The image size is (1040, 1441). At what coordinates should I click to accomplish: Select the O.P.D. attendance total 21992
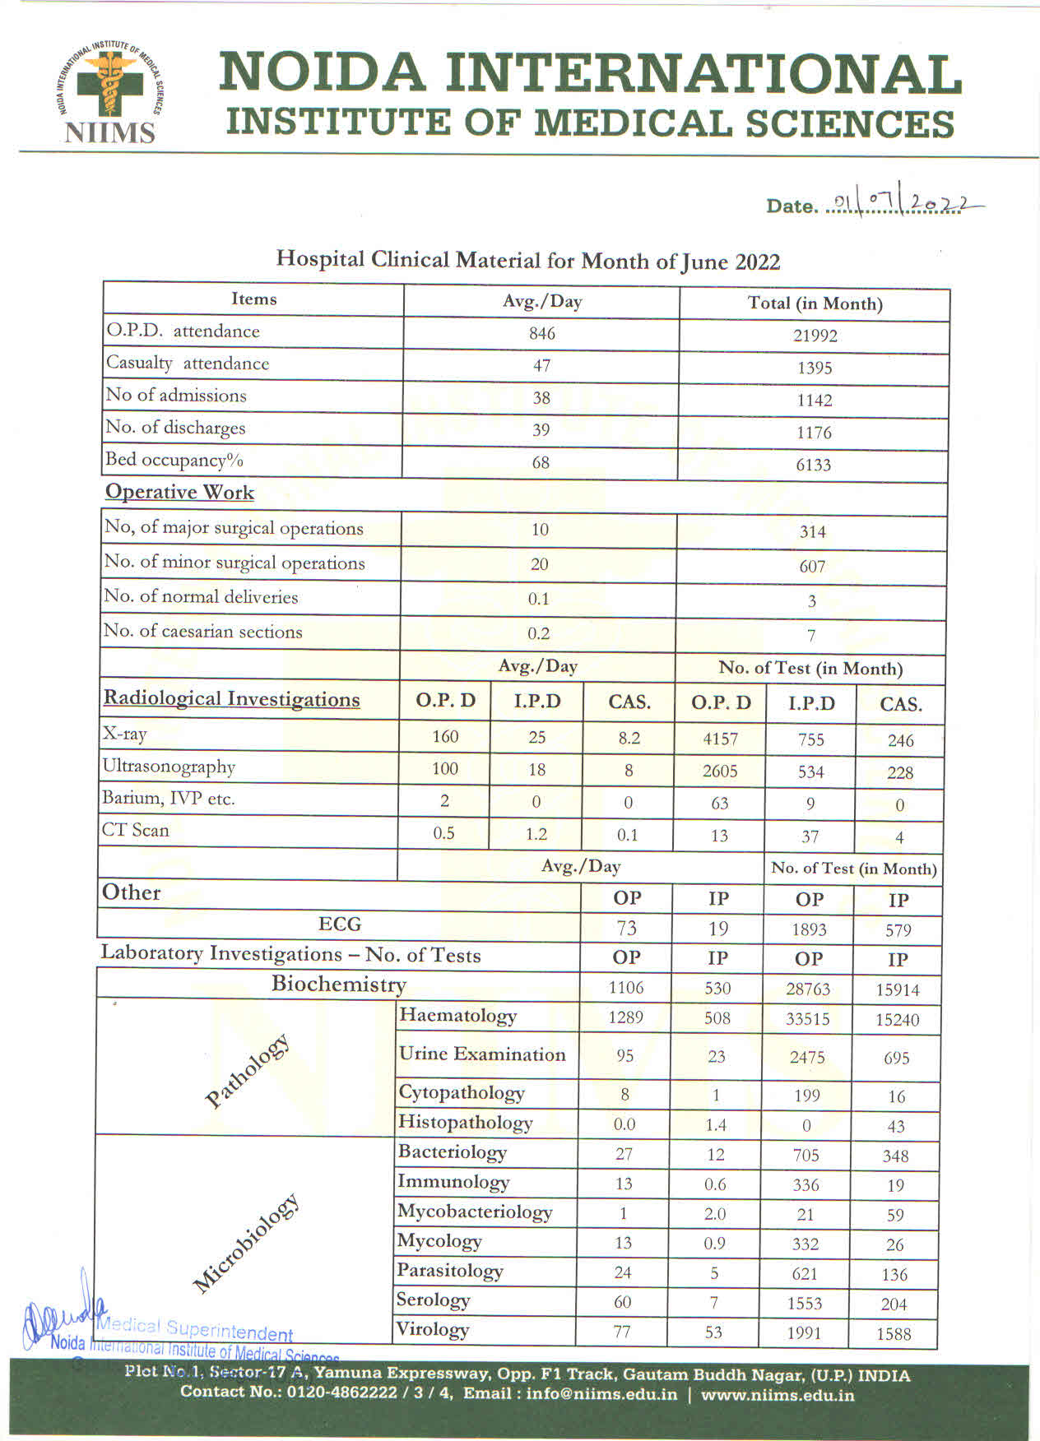click(x=815, y=336)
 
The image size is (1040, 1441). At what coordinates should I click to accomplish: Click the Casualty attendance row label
click(x=188, y=363)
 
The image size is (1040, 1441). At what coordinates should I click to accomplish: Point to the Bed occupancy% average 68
click(x=541, y=463)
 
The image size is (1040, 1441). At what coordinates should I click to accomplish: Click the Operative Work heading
click(x=179, y=492)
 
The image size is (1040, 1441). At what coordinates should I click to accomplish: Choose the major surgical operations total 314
click(x=812, y=532)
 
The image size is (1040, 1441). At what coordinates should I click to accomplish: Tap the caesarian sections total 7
click(x=811, y=636)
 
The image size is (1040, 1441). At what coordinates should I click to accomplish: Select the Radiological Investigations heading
click(x=231, y=699)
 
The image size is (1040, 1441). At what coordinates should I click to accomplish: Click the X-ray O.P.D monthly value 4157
click(x=720, y=739)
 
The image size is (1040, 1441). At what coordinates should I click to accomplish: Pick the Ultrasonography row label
click(x=169, y=767)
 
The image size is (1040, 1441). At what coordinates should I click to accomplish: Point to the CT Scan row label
click(x=135, y=830)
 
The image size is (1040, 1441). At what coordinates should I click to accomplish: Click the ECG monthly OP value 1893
click(x=809, y=929)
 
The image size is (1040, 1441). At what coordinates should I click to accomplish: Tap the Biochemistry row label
click(x=338, y=984)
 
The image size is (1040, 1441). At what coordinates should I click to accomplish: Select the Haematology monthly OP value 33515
click(x=807, y=1019)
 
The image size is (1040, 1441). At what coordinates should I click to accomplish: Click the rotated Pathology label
click(x=247, y=1070)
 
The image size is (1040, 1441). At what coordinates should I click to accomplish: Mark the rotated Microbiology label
click(x=245, y=1243)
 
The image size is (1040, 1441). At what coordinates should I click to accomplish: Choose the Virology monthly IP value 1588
click(x=894, y=1333)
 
